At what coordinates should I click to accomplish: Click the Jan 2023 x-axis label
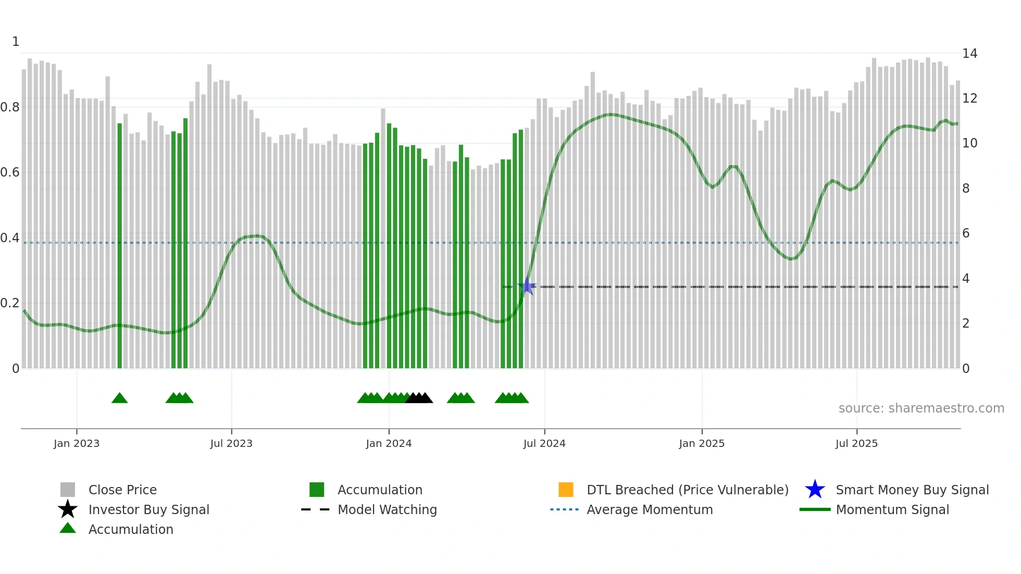[x=77, y=443]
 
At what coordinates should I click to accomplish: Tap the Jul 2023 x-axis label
[x=231, y=443]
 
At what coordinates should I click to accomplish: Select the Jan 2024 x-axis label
[x=389, y=443]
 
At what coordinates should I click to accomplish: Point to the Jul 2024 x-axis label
[x=544, y=443]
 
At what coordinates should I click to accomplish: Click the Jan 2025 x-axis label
[x=702, y=443]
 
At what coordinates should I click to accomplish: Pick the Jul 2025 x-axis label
[x=856, y=443]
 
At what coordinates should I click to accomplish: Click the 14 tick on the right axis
[x=969, y=54]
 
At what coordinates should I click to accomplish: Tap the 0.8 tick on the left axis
[x=10, y=107]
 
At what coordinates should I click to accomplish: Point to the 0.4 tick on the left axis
[x=10, y=238]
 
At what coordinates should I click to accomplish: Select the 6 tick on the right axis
[x=966, y=233]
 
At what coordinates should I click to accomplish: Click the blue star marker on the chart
[x=527, y=286]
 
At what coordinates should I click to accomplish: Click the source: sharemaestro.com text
[x=921, y=408]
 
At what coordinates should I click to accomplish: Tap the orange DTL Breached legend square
[x=566, y=490]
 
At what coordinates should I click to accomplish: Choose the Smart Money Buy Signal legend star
[x=815, y=490]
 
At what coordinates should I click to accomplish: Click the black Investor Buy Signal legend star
[x=68, y=509]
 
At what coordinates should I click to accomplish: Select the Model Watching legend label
[x=387, y=509]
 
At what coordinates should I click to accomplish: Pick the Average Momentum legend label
[x=650, y=509]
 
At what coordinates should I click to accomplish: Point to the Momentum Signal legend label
[x=892, y=509]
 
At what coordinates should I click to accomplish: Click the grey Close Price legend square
[x=68, y=490]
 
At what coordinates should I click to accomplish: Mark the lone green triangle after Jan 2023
[x=119, y=398]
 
